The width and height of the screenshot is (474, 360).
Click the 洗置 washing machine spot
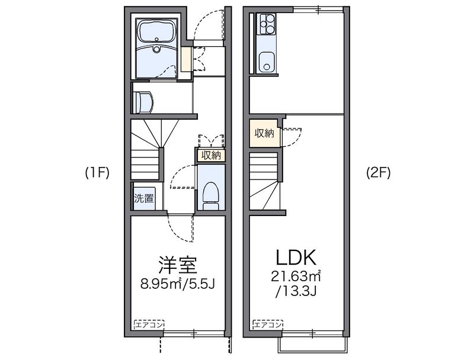point(143,198)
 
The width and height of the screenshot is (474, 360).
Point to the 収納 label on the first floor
point(211,156)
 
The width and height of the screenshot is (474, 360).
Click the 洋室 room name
point(177,263)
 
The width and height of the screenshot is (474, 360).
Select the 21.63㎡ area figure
point(297,276)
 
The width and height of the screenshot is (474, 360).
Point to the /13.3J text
point(297,291)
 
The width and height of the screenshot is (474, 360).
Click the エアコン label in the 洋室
point(149,325)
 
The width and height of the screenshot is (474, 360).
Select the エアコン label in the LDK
point(268,325)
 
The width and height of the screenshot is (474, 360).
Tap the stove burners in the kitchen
point(267,25)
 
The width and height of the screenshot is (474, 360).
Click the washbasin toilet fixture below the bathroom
point(144,102)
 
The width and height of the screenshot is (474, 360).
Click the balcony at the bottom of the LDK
point(312,345)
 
